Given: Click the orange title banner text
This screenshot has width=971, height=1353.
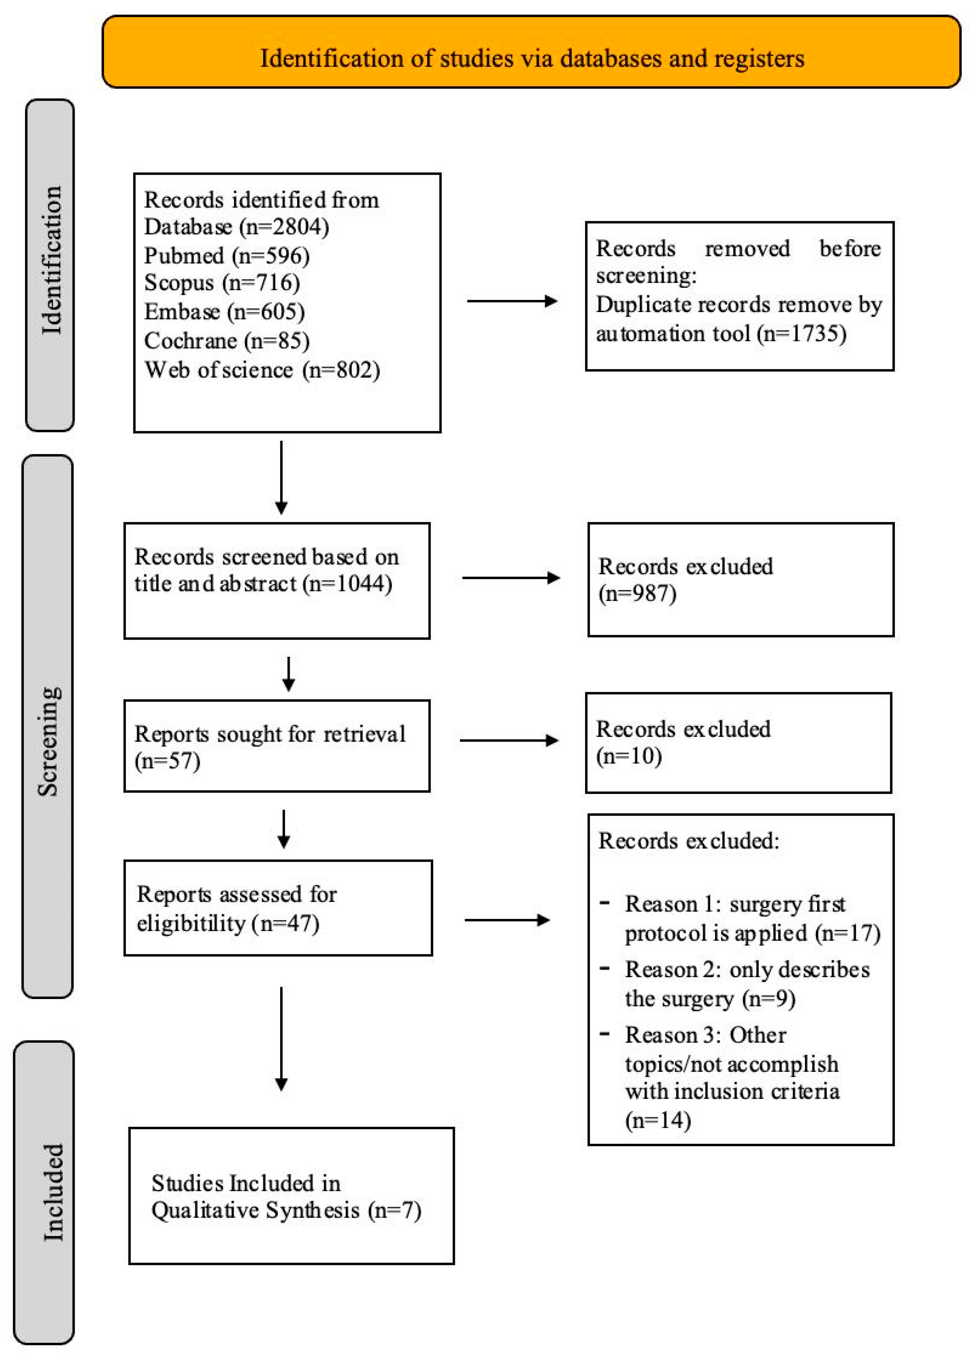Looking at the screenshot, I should click(x=531, y=58).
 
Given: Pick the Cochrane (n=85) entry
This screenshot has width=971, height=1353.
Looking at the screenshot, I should click(x=226, y=341).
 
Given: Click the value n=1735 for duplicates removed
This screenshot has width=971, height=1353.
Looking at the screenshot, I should click(x=801, y=333).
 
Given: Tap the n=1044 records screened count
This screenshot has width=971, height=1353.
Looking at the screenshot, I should click(x=348, y=583).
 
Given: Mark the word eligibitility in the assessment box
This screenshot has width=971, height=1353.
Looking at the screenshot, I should click(x=191, y=924).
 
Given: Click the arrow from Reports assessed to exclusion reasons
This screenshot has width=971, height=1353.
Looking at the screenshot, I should click(x=507, y=920).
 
